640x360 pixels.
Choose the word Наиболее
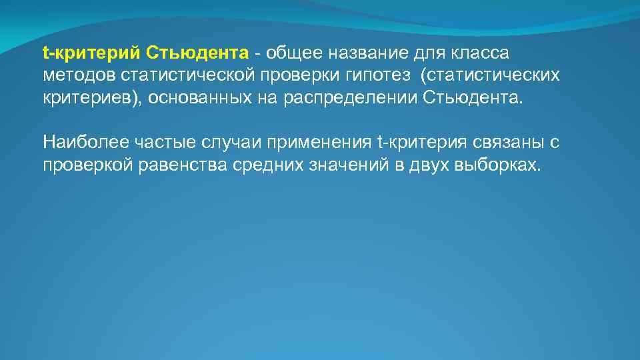click(84, 142)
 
